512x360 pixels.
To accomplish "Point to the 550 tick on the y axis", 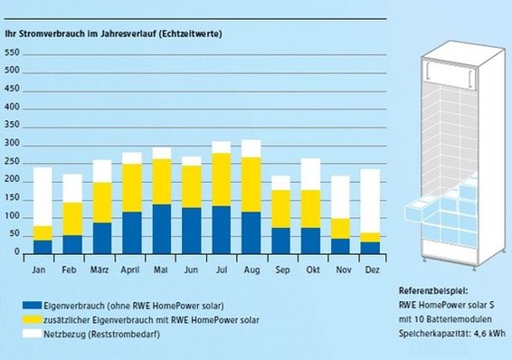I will pyautogui.click(x=14, y=52).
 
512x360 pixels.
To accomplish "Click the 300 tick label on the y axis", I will pyautogui.click(x=14, y=144).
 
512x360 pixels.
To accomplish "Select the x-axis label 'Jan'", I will pyautogui.click(x=43, y=270).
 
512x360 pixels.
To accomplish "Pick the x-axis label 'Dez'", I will pyautogui.click(x=371, y=270).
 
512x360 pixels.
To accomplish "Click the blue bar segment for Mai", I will pyautogui.click(x=162, y=229).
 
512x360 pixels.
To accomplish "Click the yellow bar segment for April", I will pyautogui.click(x=132, y=187).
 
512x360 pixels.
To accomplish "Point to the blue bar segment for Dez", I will pyautogui.click(x=371, y=247).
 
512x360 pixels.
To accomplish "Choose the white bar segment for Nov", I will pyautogui.click(x=340, y=197).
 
